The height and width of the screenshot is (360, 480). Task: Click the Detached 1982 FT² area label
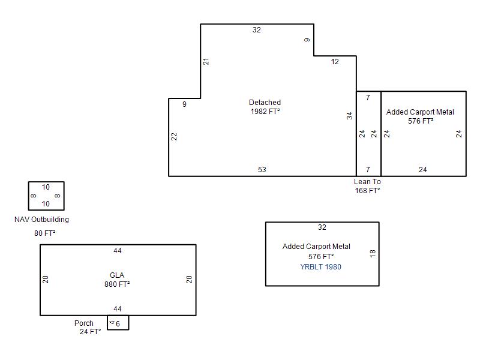[x=265, y=107]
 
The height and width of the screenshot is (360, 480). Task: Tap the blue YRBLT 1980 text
[x=320, y=267]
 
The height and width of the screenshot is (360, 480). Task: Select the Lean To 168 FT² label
[x=367, y=186]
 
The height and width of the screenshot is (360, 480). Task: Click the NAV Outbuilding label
[x=41, y=220]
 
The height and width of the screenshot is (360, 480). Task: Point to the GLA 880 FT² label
[x=117, y=280]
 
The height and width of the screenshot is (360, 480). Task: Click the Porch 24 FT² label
[x=88, y=328]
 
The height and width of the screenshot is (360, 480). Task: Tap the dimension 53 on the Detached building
[x=262, y=170]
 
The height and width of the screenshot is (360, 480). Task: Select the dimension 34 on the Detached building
[x=350, y=116]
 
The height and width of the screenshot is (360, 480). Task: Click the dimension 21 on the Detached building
[x=206, y=62]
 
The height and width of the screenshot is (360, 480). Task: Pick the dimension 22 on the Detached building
[x=174, y=137]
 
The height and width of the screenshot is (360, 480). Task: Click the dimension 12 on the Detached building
[x=335, y=62]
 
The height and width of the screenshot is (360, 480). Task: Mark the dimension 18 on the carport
[x=373, y=253]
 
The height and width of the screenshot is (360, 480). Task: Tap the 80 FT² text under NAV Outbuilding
[x=44, y=233]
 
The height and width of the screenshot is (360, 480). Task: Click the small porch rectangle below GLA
[x=118, y=329]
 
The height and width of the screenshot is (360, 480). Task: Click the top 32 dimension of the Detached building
[x=257, y=30]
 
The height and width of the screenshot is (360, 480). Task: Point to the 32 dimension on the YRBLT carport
[x=322, y=227]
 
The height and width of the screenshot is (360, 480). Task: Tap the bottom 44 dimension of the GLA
[x=118, y=309]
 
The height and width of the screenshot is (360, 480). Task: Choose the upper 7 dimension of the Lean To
[x=368, y=98]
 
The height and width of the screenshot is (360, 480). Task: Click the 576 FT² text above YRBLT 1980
[x=321, y=257]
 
